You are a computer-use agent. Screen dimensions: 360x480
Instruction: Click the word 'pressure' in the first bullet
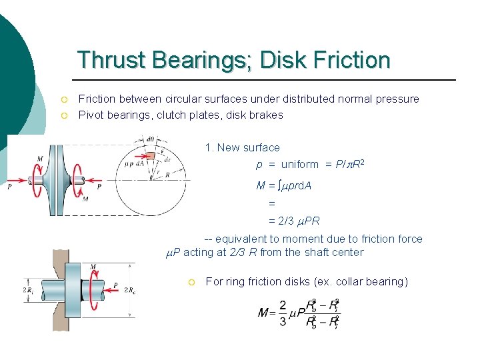(x=397, y=99)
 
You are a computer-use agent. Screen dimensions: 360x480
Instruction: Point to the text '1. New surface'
(x=243, y=147)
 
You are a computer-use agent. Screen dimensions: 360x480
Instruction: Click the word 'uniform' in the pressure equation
(x=300, y=164)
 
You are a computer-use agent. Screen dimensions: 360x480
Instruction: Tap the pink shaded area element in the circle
(x=150, y=156)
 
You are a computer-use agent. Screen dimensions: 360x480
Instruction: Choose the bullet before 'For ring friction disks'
(x=191, y=282)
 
